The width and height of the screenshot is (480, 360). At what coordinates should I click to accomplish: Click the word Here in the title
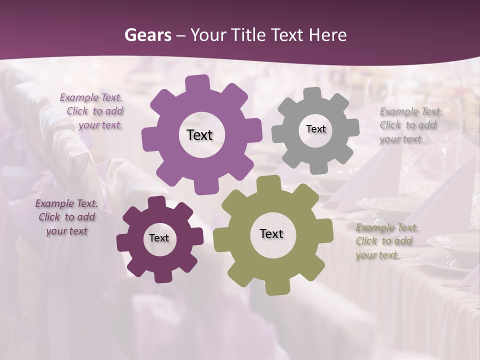tap(327, 35)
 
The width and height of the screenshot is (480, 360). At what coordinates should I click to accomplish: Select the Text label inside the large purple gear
tap(199, 135)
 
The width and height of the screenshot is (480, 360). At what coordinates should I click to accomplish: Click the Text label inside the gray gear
tap(315, 129)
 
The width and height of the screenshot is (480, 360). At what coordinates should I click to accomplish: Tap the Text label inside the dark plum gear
tap(159, 238)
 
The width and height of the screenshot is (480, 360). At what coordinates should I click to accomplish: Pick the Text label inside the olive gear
tap(271, 233)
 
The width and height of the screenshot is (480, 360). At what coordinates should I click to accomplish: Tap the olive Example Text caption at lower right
tap(385, 241)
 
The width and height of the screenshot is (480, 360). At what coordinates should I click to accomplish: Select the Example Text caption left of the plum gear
tap(66, 217)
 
